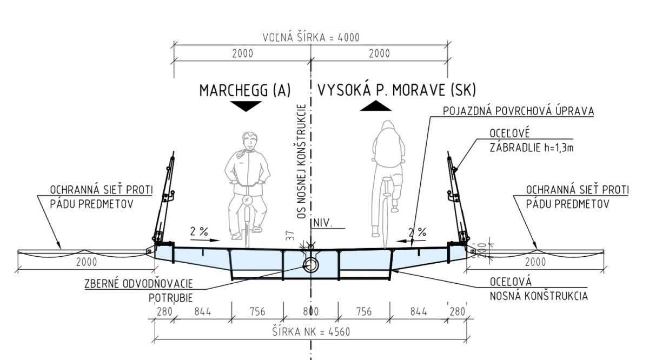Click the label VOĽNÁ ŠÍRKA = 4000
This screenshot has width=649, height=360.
pyautogui.click(x=311, y=37)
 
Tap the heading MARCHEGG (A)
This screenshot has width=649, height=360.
pyautogui.click(x=245, y=90)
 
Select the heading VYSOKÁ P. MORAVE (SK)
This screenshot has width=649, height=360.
pyautogui.click(x=396, y=90)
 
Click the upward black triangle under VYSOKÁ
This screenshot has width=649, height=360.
pyautogui.click(x=376, y=106)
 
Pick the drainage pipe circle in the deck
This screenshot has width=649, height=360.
pyautogui.click(x=310, y=265)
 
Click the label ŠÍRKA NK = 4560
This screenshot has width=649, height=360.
pyautogui.click(x=311, y=331)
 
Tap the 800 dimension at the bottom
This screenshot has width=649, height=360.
pyautogui.click(x=311, y=312)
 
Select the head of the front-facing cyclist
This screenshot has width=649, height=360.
pyautogui.click(x=250, y=141)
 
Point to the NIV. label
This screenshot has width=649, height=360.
pyautogui.click(x=323, y=223)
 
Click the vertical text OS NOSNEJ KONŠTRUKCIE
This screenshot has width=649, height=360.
pyautogui.click(x=301, y=161)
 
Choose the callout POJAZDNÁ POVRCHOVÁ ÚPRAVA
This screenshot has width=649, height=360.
pyautogui.click(x=519, y=111)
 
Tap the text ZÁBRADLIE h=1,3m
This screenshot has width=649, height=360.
pyautogui.click(x=532, y=148)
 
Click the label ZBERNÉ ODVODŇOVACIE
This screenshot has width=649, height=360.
pyautogui.click(x=139, y=284)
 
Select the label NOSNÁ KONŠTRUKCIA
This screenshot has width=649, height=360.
pyautogui.click(x=539, y=296)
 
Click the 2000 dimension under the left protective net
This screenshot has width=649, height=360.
pyautogui.click(x=87, y=262)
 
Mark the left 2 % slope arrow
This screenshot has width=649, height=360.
pyautogui.click(x=205, y=240)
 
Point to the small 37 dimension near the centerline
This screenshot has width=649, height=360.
pyautogui.click(x=292, y=236)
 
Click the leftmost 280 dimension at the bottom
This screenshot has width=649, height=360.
pyautogui.click(x=164, y=312)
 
